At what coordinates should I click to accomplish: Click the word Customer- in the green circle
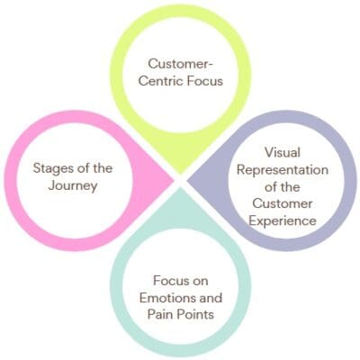pyautogui.click(x=180, y=65)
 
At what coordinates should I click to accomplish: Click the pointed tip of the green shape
pyautogui.click(x=180, y=172)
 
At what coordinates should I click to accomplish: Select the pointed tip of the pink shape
pyautogui.click(x=174, y=180)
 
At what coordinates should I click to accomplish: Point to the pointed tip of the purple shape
pyautogui.click(x=187, y=180)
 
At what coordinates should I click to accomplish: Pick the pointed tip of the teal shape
pyautogui.click(x=180, y=187)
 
